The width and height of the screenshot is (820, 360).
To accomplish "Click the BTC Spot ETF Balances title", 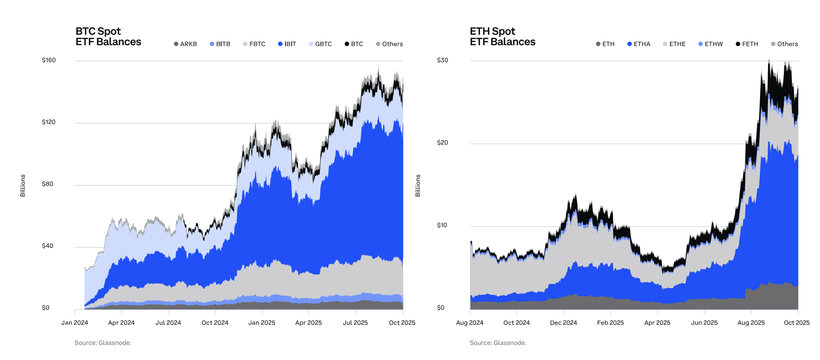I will click(108, 36).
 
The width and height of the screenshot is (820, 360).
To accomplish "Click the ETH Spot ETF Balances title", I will click(502, 36).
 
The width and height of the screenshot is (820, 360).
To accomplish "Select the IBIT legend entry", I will click(287, 44).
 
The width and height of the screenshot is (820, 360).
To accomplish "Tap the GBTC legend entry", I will click(320, 44).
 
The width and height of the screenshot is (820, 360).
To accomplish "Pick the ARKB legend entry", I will click(186, 44).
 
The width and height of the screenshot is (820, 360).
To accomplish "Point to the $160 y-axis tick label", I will click(49, 60).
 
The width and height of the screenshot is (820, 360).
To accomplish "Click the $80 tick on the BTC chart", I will click(48, 184).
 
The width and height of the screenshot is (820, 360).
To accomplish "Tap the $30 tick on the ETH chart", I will click(442, 60).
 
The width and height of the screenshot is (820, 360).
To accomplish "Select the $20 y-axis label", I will click(442, 143).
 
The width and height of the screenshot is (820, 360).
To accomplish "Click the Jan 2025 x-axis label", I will click(261, 323).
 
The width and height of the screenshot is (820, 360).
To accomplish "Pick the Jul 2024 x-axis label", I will click(168, 323).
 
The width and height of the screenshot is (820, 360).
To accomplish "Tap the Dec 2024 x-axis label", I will click(563, 323).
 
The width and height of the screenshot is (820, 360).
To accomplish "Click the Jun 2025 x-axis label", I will click(704, 323).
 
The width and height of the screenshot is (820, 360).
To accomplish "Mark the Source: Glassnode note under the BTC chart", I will click(103, 343).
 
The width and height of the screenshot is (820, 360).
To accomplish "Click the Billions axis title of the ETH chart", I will click(418, 186).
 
